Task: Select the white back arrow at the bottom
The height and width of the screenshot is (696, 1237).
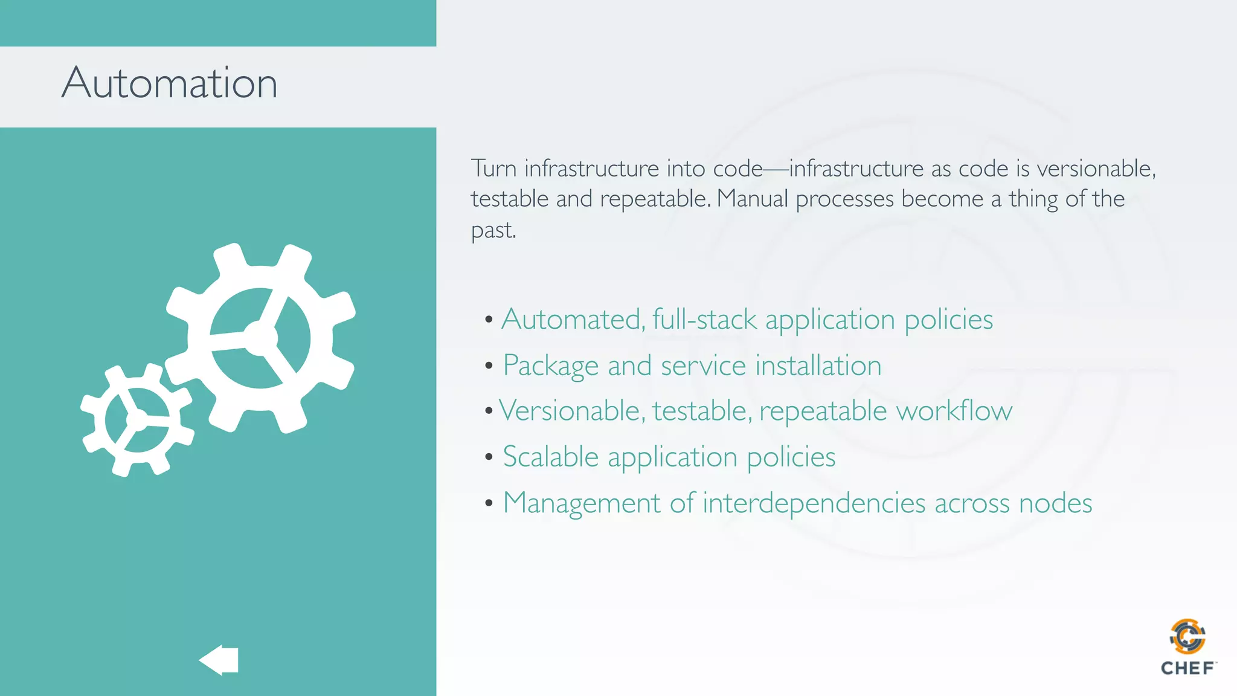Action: (219, 660)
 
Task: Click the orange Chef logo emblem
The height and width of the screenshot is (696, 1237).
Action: (1187, 636)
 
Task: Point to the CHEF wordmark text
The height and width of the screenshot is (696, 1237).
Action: (1187, 668)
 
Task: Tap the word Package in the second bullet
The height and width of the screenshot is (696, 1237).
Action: (550, 366)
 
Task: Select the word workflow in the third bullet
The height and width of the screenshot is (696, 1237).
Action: (954, 411)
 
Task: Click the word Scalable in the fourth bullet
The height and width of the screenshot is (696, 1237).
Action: (550, 457)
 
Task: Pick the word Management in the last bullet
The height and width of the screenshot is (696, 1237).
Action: (582, 503)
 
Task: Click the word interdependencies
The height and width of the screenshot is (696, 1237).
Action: (814, 503)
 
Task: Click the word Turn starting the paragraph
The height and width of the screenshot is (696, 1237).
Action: (493, 168)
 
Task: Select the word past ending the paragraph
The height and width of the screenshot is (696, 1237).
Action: (492, 231)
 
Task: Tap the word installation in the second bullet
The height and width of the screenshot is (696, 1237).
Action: (818, 366)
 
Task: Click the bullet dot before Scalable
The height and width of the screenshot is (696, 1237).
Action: (489, 457)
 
